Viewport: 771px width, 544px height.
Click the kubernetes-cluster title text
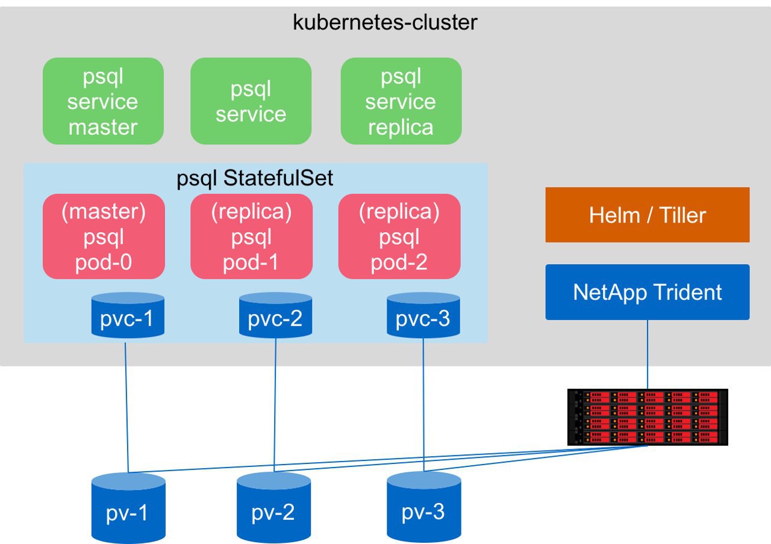(385, 23)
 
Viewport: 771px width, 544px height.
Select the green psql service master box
(103, 101)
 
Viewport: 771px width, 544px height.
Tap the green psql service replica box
(401, 101)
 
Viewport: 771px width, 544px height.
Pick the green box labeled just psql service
(251, 101)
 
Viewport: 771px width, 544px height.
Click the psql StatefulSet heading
(255, 178)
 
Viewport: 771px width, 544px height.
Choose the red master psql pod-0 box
(104, 236)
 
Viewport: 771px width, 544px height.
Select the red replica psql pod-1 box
(252, 236)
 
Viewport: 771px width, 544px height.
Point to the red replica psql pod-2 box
(399, 236)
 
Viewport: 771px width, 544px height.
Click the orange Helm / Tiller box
(648, 215)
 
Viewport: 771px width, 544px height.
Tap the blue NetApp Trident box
(648, 292)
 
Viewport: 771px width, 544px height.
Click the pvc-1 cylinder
(128, 315)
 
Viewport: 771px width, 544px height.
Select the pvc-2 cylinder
(275, 315)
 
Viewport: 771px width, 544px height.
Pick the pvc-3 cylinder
(423, 315)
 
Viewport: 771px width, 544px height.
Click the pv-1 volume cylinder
(128, 508)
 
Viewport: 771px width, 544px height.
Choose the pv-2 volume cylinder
(273, 507)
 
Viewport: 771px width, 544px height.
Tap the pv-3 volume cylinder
(423, 507)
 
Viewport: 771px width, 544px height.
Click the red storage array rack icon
(648, 417)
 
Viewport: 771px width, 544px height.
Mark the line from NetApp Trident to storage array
(648, 354)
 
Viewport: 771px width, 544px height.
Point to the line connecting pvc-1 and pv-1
(126, 407)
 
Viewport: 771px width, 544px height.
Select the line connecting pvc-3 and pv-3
(423, 405)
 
